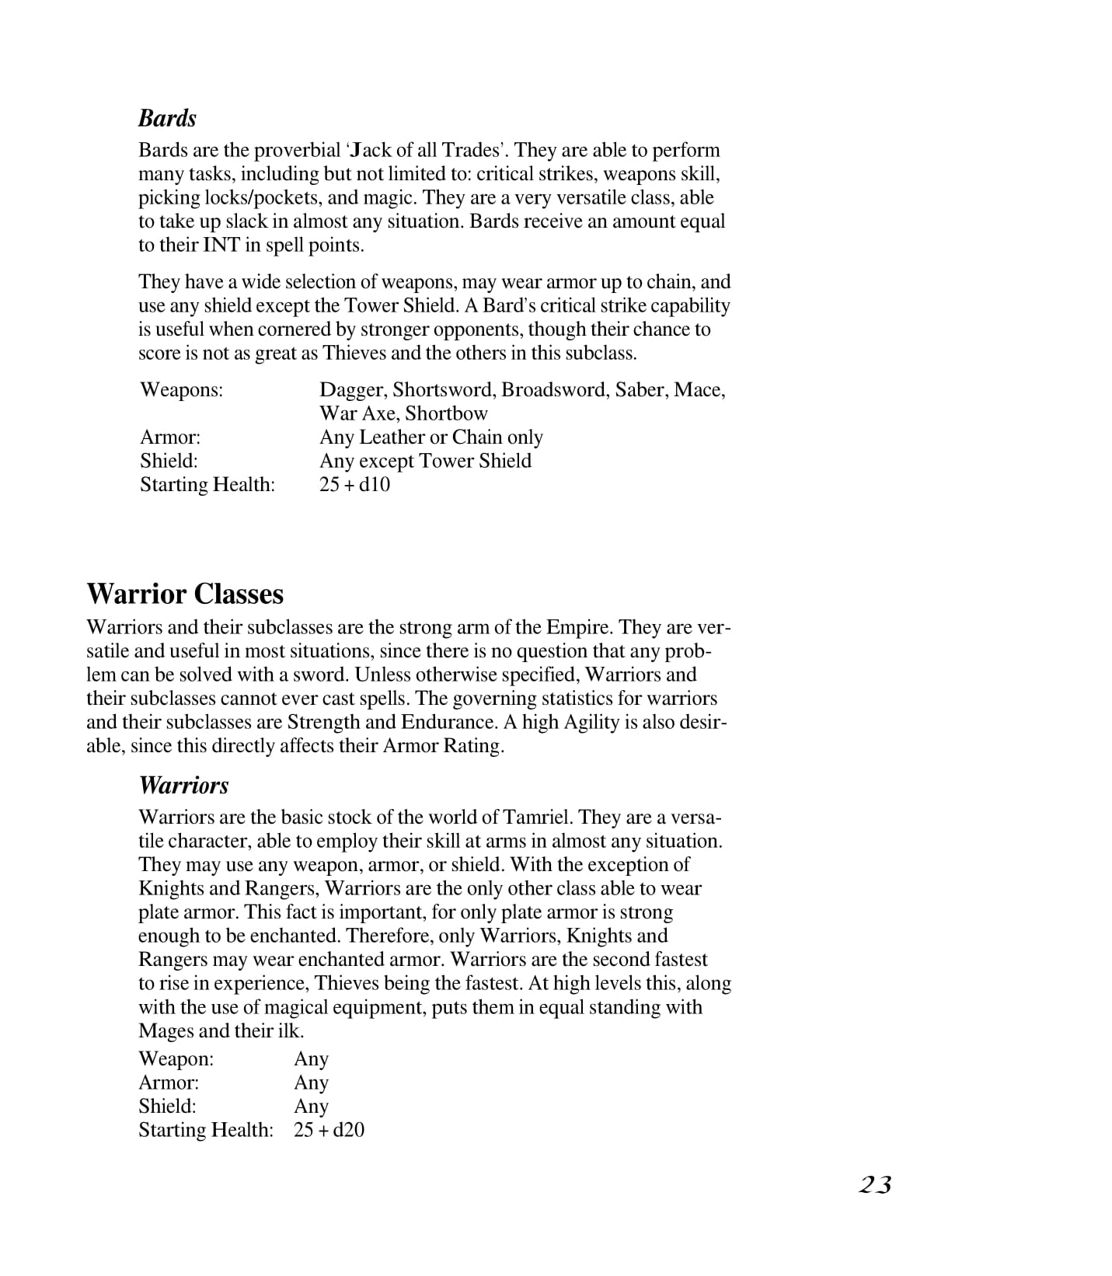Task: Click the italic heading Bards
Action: coord(167,118)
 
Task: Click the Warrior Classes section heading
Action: coord(185,594)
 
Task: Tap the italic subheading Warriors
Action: coord(183,785)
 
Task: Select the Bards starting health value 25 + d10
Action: coord(354,485)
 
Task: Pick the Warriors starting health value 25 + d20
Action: coord(329,1130)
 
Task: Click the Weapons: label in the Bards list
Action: coord(181,389)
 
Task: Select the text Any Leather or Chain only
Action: coord(431,438)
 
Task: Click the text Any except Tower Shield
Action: coord(425,461)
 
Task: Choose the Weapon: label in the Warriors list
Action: coord(176,1059)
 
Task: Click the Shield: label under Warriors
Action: coord(168,1107)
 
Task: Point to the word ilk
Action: coord(289,1031)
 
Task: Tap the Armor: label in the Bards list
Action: coord(170,438)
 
